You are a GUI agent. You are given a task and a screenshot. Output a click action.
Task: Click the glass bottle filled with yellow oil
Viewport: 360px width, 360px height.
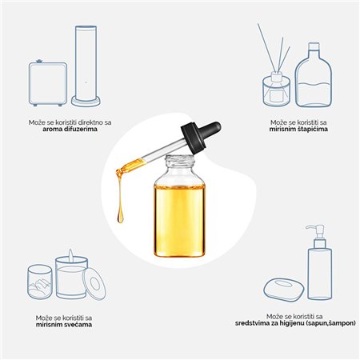click(179, 206)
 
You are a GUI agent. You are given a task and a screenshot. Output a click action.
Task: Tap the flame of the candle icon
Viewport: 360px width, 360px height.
click(70, 256)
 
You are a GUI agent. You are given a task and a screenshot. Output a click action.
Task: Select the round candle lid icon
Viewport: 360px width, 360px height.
click(94, 282)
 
